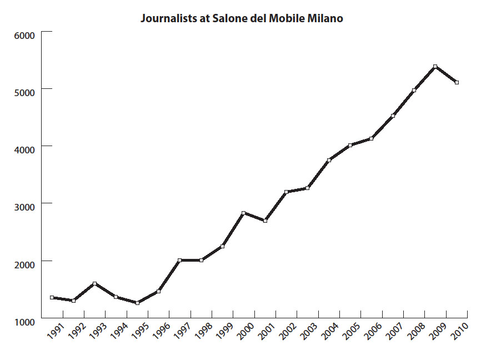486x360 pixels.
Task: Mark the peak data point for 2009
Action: tap(435, 67)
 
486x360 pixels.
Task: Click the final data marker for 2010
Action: tap(457, 82)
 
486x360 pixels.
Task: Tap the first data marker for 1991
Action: tap(52, 298)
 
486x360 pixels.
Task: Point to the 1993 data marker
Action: tap(95, 284)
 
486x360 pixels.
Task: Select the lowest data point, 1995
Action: tap(137, 303)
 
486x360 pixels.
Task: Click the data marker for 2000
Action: tap(244, 213)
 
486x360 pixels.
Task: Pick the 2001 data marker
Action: tap(265, 221)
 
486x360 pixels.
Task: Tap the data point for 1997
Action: tap(180, 260)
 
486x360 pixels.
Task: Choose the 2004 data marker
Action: tap(329, 160)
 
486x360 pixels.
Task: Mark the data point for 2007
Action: tap(393, 116)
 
